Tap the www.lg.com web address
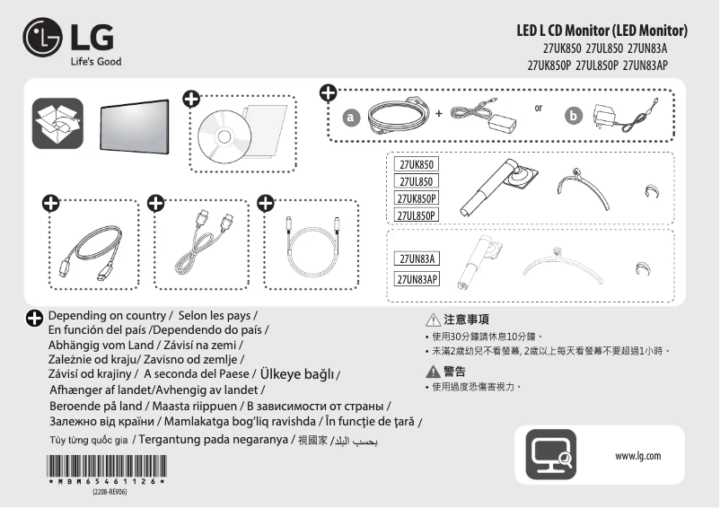point(637,456)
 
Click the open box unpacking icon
point(57,122)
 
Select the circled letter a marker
point(352,117)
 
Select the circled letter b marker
point(574,117)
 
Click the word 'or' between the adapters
point(538,108)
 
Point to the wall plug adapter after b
point(619,118)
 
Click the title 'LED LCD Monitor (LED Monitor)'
point(601,31)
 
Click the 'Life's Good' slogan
point(96,62)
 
